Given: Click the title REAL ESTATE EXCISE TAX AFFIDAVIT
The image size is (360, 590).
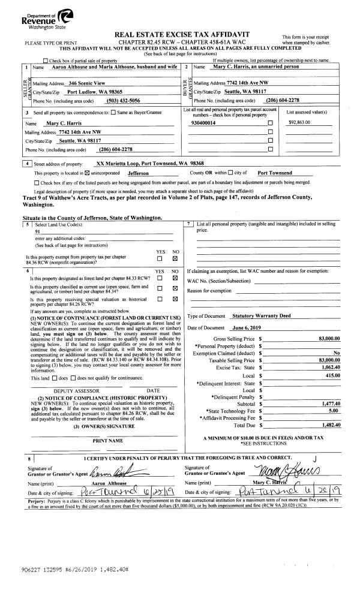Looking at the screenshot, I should click(186, 34).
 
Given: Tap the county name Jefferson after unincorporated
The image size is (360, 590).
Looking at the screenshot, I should click(142, 173).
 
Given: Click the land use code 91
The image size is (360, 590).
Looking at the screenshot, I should click(38, 231).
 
